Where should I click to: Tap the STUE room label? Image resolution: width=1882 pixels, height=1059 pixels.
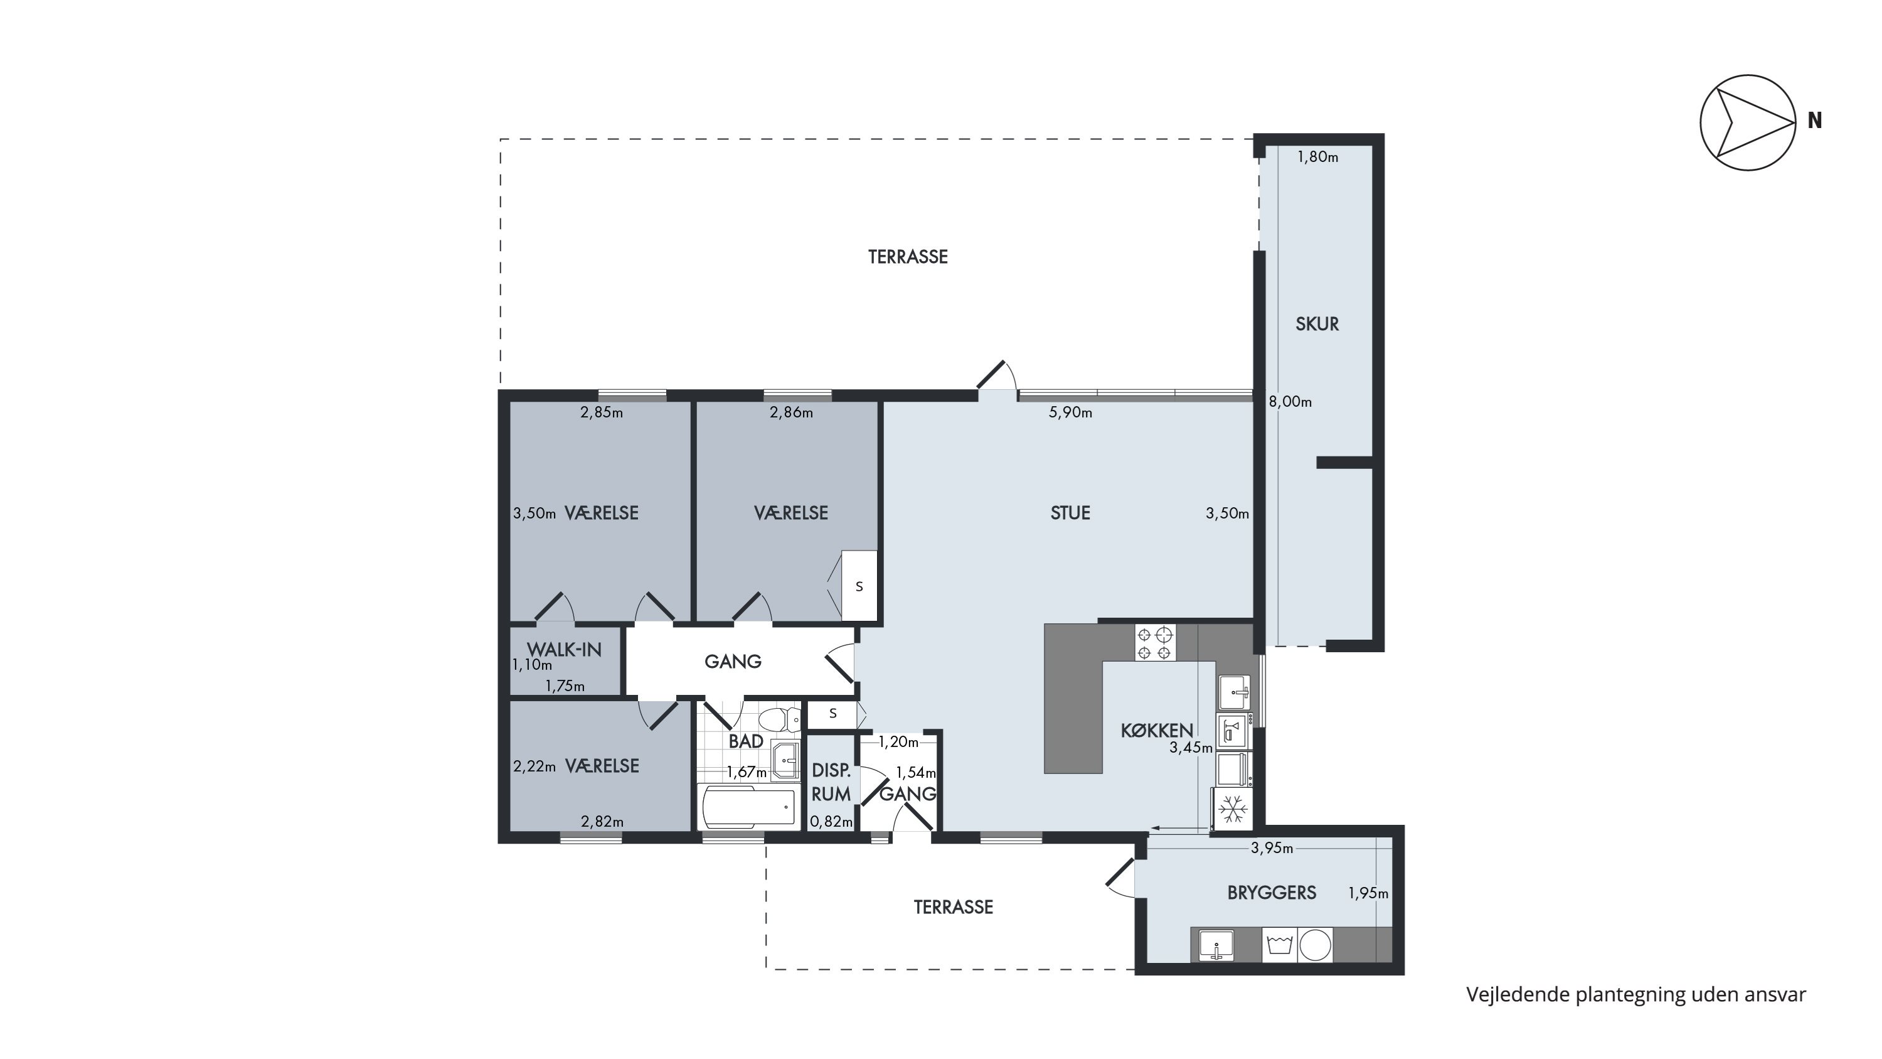[1070, 513]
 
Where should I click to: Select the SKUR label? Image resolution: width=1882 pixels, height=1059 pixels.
[1317, 324]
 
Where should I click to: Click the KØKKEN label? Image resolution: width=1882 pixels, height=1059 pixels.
[1157, 730]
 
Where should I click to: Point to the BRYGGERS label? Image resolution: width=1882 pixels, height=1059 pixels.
[1272, 893]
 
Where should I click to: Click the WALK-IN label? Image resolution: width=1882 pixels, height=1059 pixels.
[564, 649]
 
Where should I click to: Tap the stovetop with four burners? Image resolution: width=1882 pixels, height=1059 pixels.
[1155, 642]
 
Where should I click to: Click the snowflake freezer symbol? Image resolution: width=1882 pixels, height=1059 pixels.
[1233, 809]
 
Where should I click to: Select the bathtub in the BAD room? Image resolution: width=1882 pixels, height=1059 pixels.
[748, 807]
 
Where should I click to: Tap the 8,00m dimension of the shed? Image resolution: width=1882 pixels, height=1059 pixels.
[1290, 402]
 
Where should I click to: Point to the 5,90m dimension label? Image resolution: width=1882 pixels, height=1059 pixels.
[1070, 413]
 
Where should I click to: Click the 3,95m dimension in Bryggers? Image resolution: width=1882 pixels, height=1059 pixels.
[1272, 849]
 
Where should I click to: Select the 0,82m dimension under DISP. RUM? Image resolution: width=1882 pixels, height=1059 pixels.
[831, 822]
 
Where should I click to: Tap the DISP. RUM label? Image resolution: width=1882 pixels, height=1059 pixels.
[831, 782]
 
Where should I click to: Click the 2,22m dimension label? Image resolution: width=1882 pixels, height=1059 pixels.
[534, 766]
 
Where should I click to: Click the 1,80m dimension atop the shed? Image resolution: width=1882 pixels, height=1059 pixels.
[1317, 157]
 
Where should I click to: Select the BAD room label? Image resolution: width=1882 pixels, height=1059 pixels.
[746, 741]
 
